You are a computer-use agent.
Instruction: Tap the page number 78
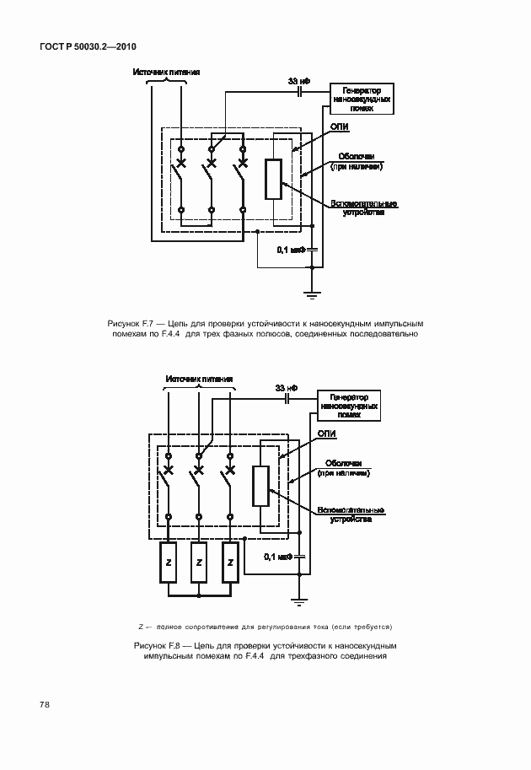pyautogui.click(x=43, y=703)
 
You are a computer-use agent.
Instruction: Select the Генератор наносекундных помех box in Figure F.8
pyautogui.click(x=348, y=406)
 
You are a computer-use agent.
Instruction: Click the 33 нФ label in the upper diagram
pyautogui.click(x=298, y=81)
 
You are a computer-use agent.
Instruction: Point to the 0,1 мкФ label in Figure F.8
pyautogui.click(x=277, y=557)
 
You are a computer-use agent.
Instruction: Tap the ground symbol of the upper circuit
pyautogui.click(x=312, y=294)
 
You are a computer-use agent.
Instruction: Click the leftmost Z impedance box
pyautogui.click(x=169, y=563)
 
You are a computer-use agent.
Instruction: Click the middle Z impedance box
pyautogui.click(x=199, y=563)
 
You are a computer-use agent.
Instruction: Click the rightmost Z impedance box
pyautogui.click(x=229, y=563)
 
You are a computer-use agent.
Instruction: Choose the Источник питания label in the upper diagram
pyautogui.click(x=166, y=72)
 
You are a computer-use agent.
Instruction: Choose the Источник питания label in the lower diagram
pyautogui.click(x=199, y=379)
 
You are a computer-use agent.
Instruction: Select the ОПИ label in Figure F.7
pyautogui.click(x=340, y=127)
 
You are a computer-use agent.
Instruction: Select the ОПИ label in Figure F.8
pyautogui.click(x=327, y=433)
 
